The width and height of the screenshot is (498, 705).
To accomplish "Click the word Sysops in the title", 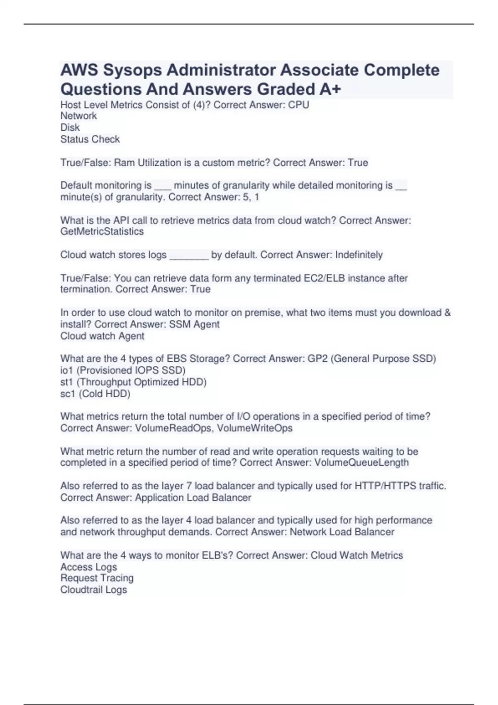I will pyautogui.click(x=132, y=70).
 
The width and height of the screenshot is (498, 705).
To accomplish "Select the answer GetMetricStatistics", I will pyautogui.click(x=102, y=231).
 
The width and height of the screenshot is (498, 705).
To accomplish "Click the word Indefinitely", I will pyautogui.click(x=359, y=255).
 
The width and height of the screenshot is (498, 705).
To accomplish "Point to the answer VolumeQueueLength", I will pyautogui.click(x=361, y=462).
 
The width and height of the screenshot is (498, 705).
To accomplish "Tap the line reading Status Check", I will pyautogui.click(x=90, y=139).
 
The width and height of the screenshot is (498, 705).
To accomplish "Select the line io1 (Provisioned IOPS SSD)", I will pyautogui.click(x=123, y=370).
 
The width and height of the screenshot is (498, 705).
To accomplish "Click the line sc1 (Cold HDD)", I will pyautogui.click(x=95, y=394).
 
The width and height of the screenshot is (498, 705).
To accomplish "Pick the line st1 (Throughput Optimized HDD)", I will pyautogui.click(x=133, y=382).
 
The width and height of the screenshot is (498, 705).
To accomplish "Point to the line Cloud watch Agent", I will pyautogui.click(x=102, y=336).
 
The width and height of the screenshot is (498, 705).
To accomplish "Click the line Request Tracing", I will pyautogui.click(x=97, y=578).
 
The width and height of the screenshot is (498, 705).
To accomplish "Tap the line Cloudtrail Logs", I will pyautogui.click(x=94, y=589).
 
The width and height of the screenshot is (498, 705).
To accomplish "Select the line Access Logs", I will pyautogui.click(x=89, y=566).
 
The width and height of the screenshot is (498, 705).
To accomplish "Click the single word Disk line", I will pyautogui.click(x=70, y=127).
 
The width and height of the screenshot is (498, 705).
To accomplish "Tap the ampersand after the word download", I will pyautogui.click(x=447, y=312).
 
